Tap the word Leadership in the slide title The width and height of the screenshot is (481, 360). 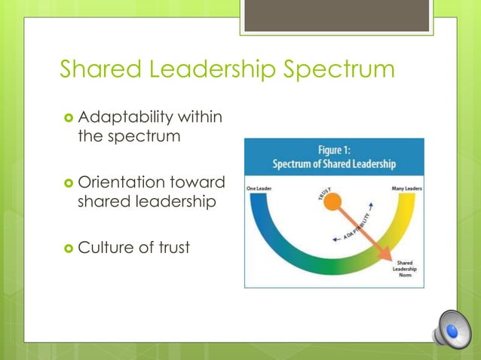click(212, 70)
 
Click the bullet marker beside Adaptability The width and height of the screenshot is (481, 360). click(68, 119)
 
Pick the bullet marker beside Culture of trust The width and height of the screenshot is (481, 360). click(68, 246)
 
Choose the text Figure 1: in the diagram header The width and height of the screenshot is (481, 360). click(333, 151)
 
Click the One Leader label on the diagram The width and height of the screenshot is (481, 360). click(259, 189)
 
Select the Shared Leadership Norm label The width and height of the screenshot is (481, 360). click(405, 269)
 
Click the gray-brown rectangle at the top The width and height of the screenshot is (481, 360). click(337, 16)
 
